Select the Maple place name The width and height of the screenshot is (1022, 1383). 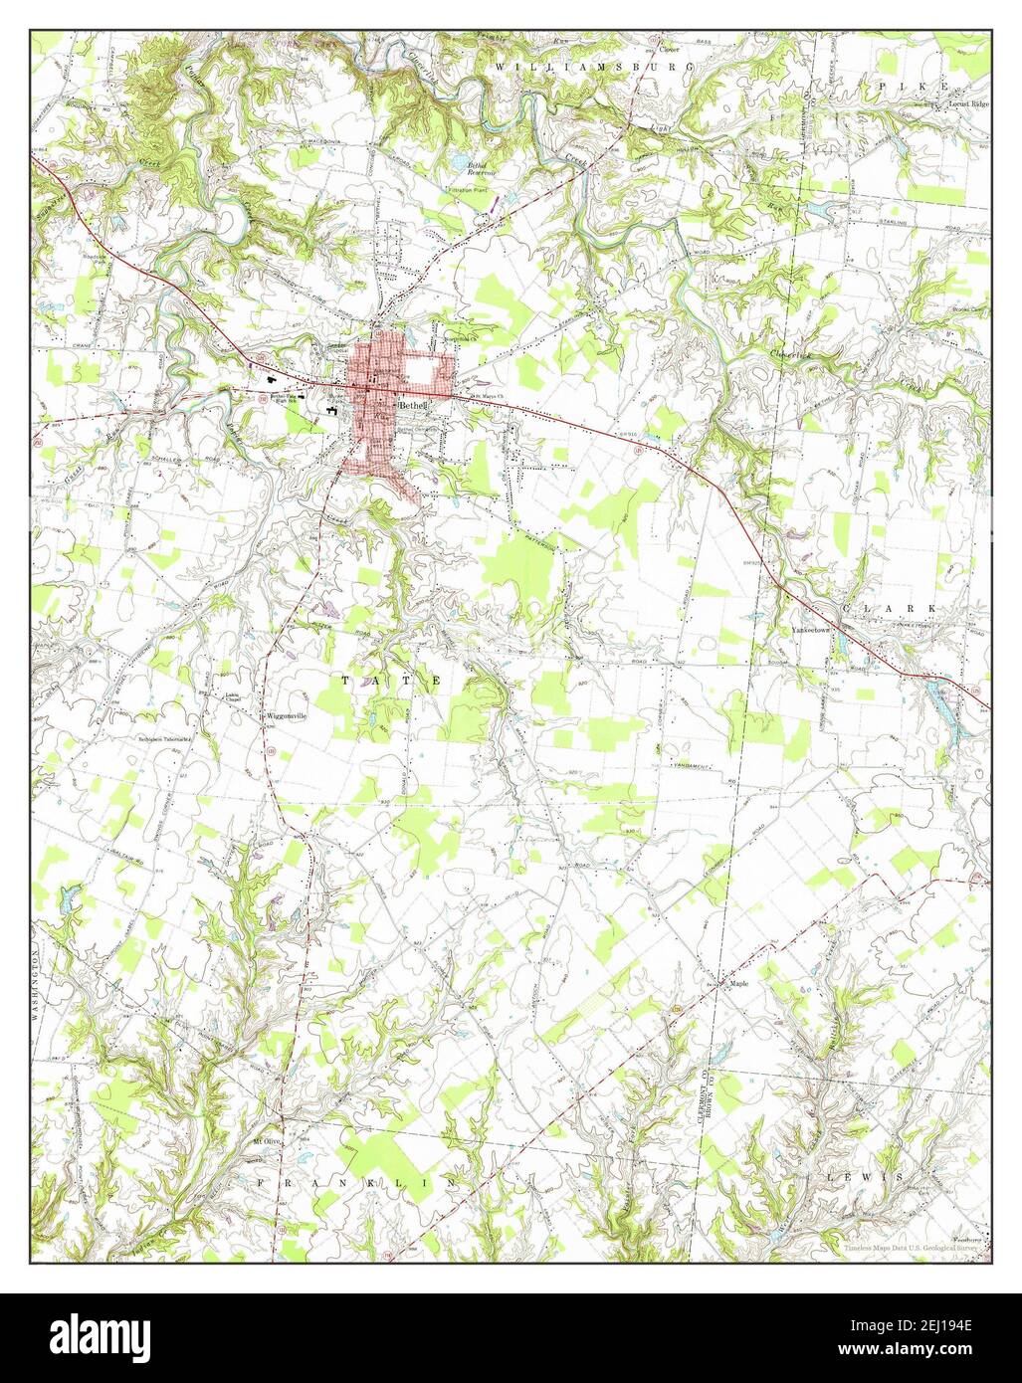coord(738,983)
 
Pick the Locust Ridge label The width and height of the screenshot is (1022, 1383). coord(969,103)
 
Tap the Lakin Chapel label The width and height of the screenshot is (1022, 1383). coord(235,695)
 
